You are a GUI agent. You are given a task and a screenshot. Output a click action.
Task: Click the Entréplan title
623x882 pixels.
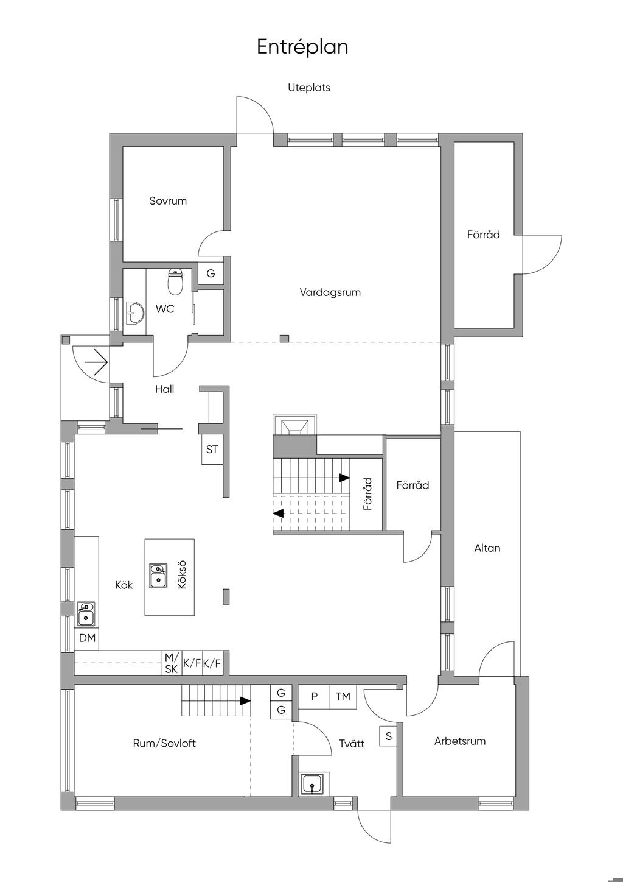coord(302,47)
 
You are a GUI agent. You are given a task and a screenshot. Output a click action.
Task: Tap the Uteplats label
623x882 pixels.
coord(309,88)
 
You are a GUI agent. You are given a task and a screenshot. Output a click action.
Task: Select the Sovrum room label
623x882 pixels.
coord(168,201)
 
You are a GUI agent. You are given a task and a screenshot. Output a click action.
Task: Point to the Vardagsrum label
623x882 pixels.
coord(330,292)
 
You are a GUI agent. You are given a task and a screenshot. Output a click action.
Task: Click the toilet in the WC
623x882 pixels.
coord(175,281)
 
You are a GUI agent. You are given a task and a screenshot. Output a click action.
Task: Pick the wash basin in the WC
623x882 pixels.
coord(135,313)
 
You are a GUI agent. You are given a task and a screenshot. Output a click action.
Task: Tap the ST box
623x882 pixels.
coord(212,450)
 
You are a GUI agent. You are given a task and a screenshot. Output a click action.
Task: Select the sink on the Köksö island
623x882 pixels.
coord(158,576)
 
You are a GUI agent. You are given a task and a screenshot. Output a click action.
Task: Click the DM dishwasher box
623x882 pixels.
coord(87,638)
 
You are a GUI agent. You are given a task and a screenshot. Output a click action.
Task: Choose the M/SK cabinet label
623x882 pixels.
coord(172,663)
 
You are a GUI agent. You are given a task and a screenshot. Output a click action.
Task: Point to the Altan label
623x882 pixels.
coord(487,548)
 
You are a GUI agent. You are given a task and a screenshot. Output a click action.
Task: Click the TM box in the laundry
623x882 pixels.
coord(343,697)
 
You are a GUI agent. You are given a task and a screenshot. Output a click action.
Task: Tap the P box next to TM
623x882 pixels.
coord(314,697)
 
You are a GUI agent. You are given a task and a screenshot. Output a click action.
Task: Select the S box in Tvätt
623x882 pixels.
coord(388,736)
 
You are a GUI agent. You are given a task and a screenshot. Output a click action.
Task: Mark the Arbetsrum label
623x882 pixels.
coord(460,741)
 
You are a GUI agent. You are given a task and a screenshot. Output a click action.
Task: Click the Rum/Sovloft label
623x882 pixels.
coord(164,743)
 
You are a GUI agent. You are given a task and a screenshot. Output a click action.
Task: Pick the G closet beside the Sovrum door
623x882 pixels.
coord(211,273)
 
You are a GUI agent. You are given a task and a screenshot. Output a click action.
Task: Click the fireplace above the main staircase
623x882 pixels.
coord(294,425)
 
